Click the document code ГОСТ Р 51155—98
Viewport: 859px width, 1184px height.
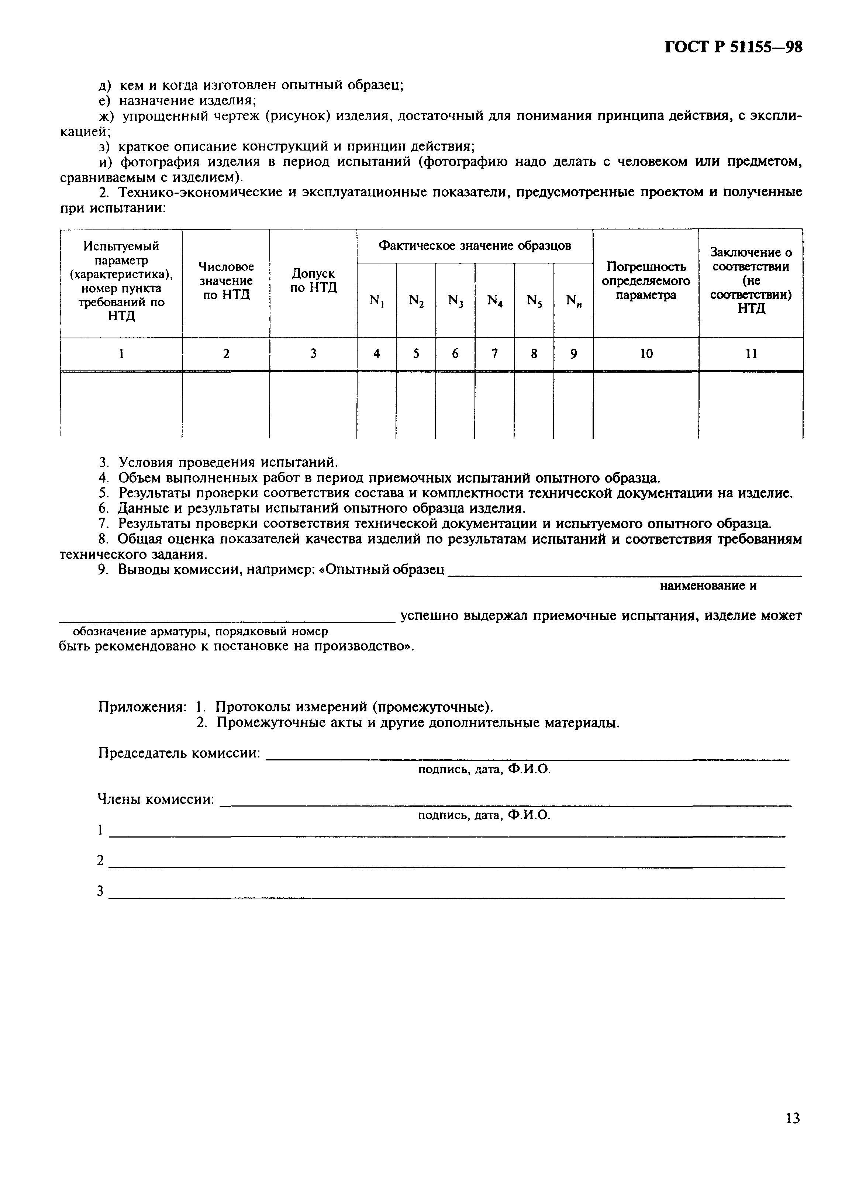(733, 48)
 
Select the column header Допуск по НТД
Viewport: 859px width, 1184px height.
(313, 280)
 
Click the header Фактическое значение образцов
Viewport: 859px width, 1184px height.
(474, 245)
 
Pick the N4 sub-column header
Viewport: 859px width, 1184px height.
(494, 301)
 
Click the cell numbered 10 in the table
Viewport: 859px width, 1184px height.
(646, 354)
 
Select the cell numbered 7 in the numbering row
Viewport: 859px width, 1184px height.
(494, 354)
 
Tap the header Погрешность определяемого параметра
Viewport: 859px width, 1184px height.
(646, 281)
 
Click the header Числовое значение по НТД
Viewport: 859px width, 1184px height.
(225, 280)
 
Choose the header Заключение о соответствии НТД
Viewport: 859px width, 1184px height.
(751, 280)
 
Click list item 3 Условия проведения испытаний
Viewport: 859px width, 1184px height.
(218, 463)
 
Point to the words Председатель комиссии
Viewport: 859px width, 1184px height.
(179, 753)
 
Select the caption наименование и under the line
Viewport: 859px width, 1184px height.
(708, 586)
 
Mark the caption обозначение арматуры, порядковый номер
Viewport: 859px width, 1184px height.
(200, 632)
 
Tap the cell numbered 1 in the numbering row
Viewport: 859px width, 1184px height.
(121, 354)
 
